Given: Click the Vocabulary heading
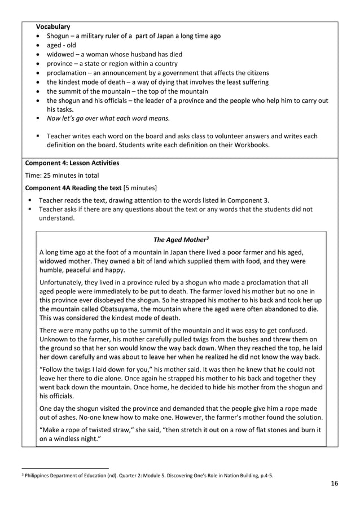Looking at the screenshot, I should point(53,27).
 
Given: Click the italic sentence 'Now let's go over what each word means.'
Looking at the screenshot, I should point(108,118).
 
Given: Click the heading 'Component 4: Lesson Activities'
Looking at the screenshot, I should point(72,163).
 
